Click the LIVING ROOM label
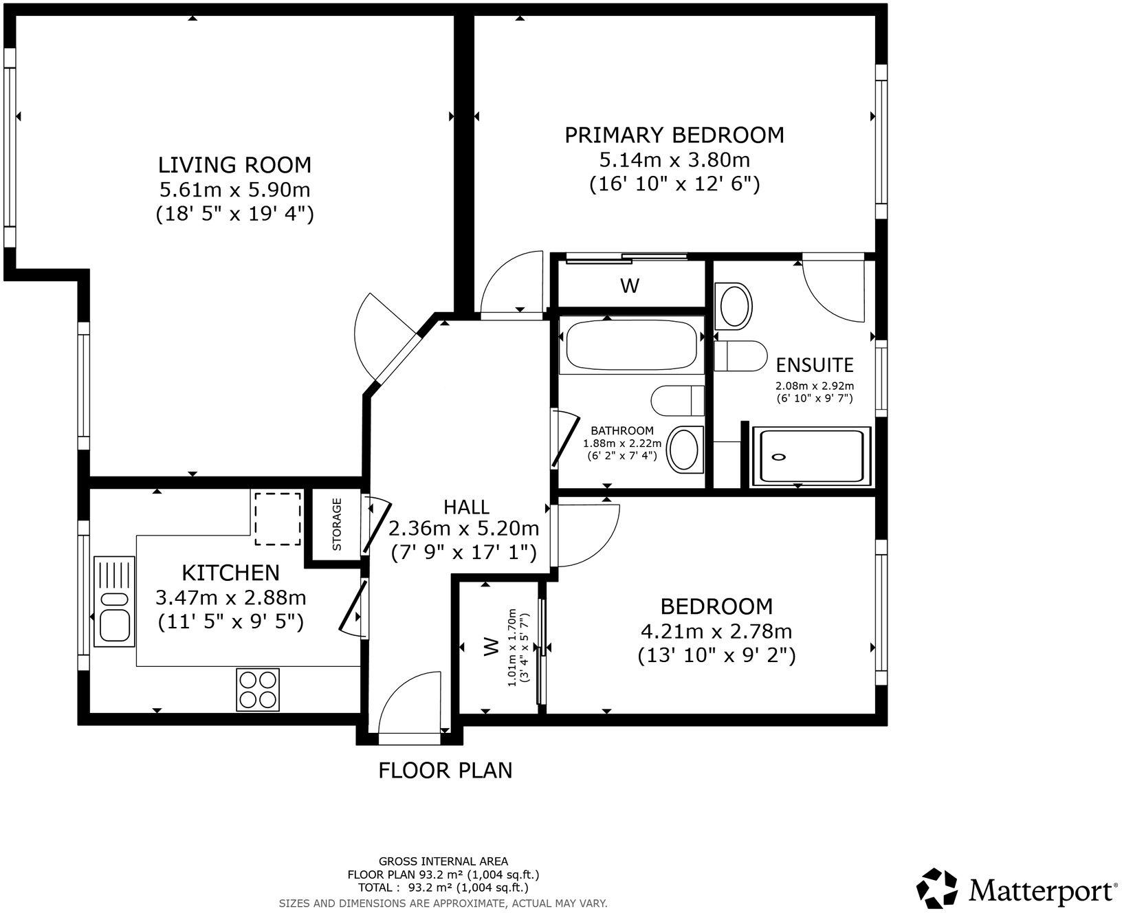(234, 165)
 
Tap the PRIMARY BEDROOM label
(674, 135)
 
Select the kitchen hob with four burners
(258, 690)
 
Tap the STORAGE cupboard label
(337, 525)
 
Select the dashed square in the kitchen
(278, 518)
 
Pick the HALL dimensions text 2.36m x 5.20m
(463, 529)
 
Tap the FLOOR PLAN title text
(445, 770)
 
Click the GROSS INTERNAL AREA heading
(443, 861)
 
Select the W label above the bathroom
(629, 286)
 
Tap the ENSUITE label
(814, 364)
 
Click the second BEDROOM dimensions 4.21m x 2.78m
(716, 631)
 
